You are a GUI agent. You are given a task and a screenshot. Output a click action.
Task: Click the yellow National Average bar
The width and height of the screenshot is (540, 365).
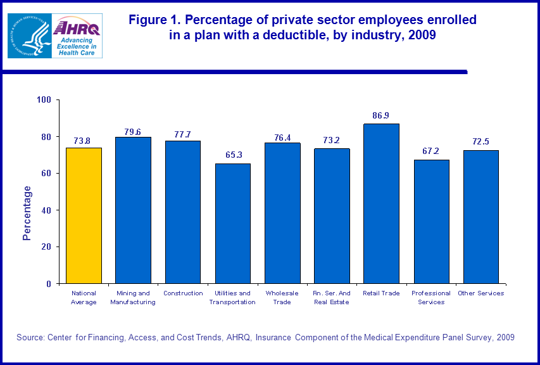click(84, 215)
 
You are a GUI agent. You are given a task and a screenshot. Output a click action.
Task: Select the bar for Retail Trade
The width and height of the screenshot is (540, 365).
click(382, 203)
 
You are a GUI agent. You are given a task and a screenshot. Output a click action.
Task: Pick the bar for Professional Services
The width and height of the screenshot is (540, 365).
click(431, 221)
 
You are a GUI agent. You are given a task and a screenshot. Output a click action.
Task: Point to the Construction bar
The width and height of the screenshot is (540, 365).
click(183, 212)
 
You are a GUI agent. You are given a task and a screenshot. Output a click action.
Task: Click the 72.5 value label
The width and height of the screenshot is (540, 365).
click(481, 142)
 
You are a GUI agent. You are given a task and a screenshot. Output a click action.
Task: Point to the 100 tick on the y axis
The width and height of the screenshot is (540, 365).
click(44, 100)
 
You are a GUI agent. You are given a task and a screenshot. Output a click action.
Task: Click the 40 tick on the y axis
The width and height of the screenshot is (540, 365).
click(46, 210)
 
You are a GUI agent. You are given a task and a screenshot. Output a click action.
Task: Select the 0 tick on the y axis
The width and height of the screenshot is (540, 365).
click(49, 284)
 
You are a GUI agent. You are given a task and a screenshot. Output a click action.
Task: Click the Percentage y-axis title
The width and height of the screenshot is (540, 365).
click(27, 213)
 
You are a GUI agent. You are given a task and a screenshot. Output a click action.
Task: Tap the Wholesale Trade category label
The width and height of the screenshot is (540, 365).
click(282, 297)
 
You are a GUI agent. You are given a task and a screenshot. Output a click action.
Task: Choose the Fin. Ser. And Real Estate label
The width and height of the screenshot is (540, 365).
click(332, 297)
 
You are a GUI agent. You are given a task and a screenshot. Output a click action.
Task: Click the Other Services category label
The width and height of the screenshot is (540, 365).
click(481, 293)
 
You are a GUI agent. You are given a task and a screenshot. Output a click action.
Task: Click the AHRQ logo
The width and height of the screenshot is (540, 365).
click(77, 35)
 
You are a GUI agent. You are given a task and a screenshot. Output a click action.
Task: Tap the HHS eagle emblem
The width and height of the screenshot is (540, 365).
click(29, 35)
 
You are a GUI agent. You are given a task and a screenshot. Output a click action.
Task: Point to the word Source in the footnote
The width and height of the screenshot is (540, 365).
click(30, 338)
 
